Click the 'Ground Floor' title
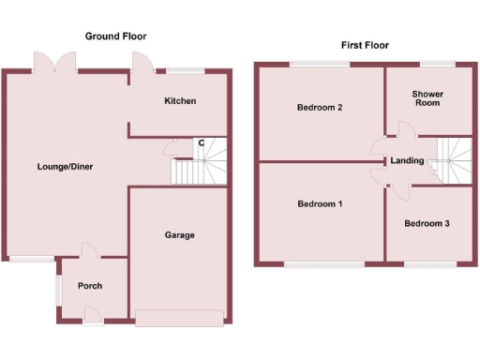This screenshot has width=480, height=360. pyautogui.click(x=116, y=37)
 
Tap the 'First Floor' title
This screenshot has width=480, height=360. pyautogui.click(x=365, y=45)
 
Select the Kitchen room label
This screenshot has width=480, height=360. pyautogui.click(x=180, y=100)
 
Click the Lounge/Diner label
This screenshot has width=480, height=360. pyautogui.click(x=65, y=167)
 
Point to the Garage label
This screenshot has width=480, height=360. pyautogui.click(x=179, y=234)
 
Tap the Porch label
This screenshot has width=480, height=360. pyautogui.click(x=90, y=286)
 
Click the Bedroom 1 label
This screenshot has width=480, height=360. pyautogui.click(x=320, y=203)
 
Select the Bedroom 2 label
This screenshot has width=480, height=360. pyautogui.click(x=319, y=107)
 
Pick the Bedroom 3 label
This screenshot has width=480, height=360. pyautogui.click(x=427, y=223)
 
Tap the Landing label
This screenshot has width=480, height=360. pyautogui.click(x=408, y=160)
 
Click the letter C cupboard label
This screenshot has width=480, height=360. pyautogui.click(x=201, y=142)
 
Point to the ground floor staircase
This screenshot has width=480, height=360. pyautogui.click(x=199, y=168)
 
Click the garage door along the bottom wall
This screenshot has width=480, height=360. pyautogui.click(x=179, y=318)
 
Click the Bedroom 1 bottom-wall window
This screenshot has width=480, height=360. pyautogui.click(x=318, y=265)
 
